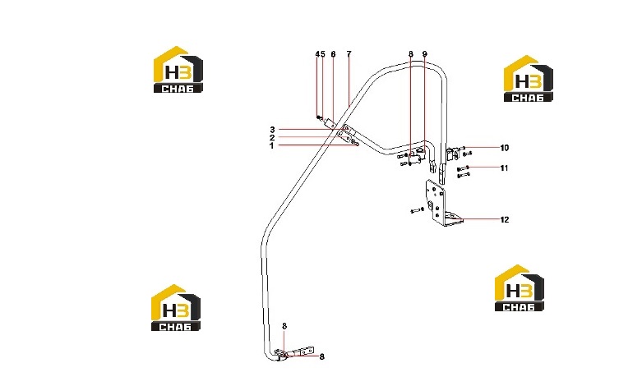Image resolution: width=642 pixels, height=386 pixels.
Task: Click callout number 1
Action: point(271,145)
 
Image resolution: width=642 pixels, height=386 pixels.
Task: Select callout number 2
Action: point(272,138)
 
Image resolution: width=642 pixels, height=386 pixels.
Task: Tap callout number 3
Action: point(272,130)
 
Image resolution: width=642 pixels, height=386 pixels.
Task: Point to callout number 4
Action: point(317,54)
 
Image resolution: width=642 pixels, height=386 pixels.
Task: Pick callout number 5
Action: point(322,54)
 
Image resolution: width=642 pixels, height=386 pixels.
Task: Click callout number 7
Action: point(349,54)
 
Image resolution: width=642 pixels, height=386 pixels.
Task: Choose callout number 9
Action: point(425,54)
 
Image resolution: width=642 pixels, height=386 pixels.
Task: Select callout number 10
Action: point(505,148)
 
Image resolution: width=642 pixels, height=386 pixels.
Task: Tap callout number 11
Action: point(504,168)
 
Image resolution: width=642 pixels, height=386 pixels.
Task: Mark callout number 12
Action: point(505,220)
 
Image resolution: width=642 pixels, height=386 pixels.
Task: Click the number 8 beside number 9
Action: point(411,54)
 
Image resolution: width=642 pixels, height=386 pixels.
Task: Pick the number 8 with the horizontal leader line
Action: point(321,357)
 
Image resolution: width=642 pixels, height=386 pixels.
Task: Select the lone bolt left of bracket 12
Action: point(417,210)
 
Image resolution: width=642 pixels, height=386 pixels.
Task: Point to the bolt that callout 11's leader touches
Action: point(463,168)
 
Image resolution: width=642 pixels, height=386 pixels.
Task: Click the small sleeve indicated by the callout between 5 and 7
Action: point(330,122)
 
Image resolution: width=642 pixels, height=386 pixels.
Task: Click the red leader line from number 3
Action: point(311,130)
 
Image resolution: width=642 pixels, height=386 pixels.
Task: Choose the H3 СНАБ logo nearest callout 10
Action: point(528,79)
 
